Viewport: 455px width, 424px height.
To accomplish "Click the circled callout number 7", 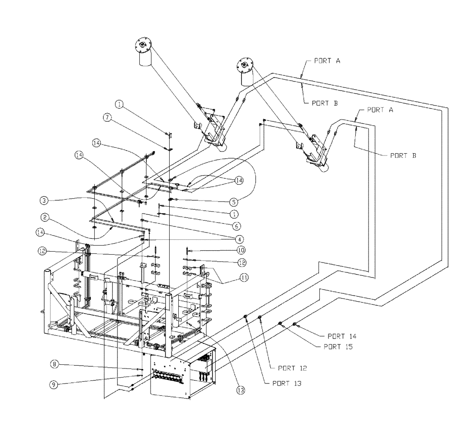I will [107, 117].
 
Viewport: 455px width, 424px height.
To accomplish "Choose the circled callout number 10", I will [241, 250].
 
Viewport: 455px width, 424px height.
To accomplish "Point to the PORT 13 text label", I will [287, 384].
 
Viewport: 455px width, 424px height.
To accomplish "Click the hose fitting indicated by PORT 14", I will [295, 324].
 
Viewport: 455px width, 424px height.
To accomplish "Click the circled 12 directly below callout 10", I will [241, 262].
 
